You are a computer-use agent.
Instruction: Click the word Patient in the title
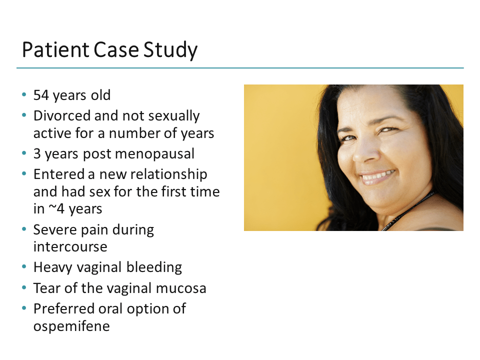pyautogui.click(x=54, y=50)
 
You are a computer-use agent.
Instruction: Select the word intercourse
pyautogui.click(x=70, y=247)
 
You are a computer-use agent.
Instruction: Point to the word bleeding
pyautogui.click(x=153, y=267)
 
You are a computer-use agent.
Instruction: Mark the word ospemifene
pyautogui.click(x=71, y=326)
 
